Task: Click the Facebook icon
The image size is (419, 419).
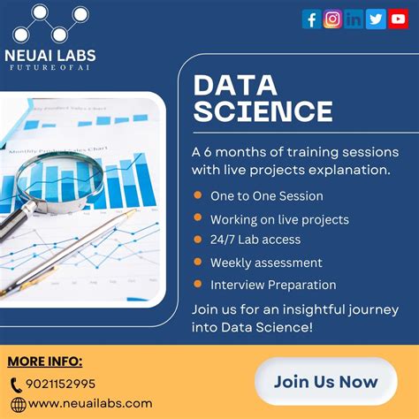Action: pyautogui.click(x=312, y=19)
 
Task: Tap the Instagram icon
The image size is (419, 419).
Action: pyautogui.click(x=333, y=19)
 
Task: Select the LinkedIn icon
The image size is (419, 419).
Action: pyautogui.click(x=354, y=19)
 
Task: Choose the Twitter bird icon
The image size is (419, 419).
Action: pyautogui.click(x=376, y=19)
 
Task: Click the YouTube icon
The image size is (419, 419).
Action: pyautogui.click(x=397, y=19)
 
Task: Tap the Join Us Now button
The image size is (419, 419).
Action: pyautogui.click(x=325, y=382)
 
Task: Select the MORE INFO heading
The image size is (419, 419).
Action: pyautogui.click(x=44, y=362)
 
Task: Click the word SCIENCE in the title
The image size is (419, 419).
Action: pyautogui.click(x=263, y=112)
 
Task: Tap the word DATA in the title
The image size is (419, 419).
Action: pyautogui.click(x=232, y=86)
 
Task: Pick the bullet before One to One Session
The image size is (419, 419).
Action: pyautogui.click(x=197, y=195)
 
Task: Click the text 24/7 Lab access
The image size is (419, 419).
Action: pyautogui.click(x=255, y=240)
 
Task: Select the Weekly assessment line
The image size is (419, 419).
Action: pyautogui.click(x=266, y=263)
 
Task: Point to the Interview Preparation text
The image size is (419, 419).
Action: pyautogui.click(x=273, y=285)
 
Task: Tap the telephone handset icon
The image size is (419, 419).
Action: pyautogui.click(x=17, y=385)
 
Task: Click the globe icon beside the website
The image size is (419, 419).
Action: pyautogui.click(x=17, y=403)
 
